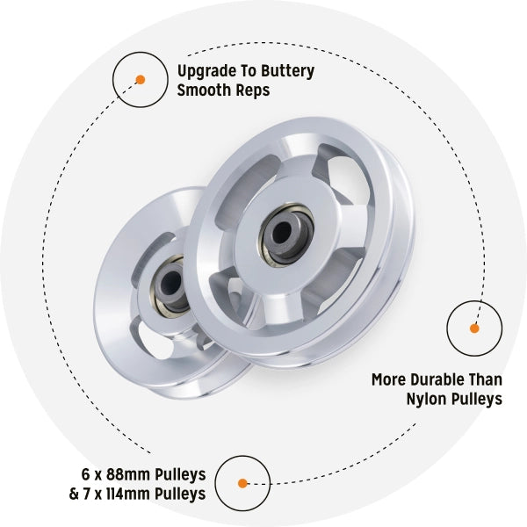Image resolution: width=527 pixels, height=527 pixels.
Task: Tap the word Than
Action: click(x=486, y=379)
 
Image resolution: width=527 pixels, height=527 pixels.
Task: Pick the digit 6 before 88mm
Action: click(x=85, y=474)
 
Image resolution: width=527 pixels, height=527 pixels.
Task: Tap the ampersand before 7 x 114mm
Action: click(x=74, y=494)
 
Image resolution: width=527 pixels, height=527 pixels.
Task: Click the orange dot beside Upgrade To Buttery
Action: click(x=141, y=80)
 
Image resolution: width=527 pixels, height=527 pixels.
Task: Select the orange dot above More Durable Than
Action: click(x=474, y=328)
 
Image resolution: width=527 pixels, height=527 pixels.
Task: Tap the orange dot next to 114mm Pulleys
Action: click(x=242, y=483)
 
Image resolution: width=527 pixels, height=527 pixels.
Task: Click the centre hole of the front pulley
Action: click(x=282, y=233)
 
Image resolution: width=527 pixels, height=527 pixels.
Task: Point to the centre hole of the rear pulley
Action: click(x=170, y=283)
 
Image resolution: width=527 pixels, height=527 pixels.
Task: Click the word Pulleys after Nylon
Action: click(x=477, y=400)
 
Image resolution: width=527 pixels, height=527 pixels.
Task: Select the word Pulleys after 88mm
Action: click(x=180, y=475)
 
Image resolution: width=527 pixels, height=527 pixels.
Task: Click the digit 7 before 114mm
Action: click(x=88, y=494)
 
